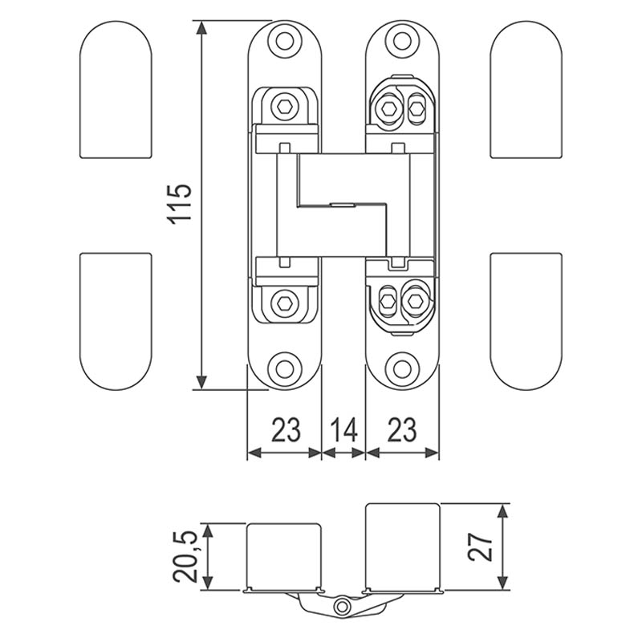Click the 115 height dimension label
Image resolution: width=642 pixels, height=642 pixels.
click(181, 204)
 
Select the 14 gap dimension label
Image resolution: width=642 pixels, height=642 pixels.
click(343, 430)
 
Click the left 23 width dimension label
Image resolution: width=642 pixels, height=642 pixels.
click(285, 430)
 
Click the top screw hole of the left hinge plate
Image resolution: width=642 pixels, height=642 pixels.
click(284, 39)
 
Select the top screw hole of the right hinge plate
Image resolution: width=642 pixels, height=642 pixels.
click(401, 39)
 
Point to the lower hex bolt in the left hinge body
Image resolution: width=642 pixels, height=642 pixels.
click(284, 303)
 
